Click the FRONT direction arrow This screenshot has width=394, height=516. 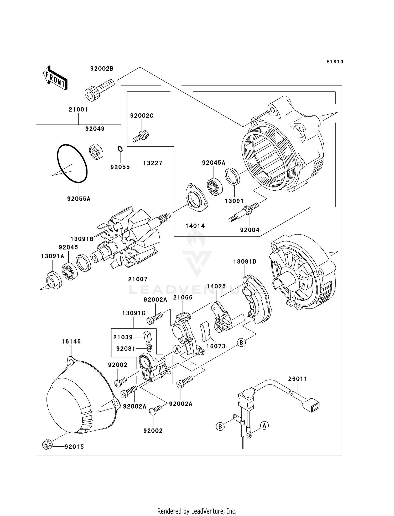(x=55, y=78)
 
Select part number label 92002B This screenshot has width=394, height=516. (x=102, y=69)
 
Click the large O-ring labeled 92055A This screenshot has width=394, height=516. (x=72, y=163)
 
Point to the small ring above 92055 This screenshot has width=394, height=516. (x=120, y=149)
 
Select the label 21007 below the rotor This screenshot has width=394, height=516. (x=138, y=279)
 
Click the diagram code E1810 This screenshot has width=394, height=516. (x=335, y=62)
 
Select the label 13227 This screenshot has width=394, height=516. (x=153, y=163)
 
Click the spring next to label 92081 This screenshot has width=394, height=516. (x=149, y=347)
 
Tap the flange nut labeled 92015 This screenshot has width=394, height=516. (x=47, y=445)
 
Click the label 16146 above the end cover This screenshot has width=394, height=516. (x=71, y=341)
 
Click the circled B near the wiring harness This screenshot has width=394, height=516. (x=220, y=426)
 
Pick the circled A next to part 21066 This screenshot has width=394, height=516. (x=177, y=349)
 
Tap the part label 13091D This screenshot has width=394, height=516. (x=245, y=262)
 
